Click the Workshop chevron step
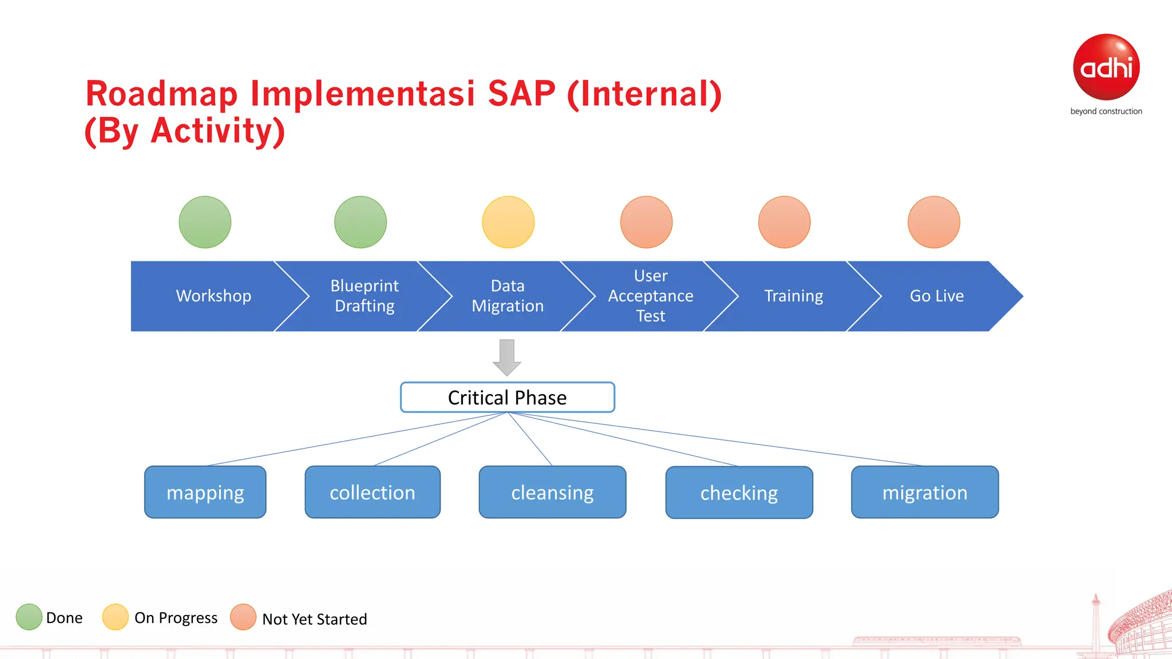tap(213, 296)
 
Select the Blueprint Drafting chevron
tap(365, 296)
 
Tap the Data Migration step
tap(508, 296)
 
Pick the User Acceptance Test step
tap(651, 296)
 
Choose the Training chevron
tap(794, 296)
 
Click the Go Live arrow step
tap(937, 296)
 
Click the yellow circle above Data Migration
tap(508, 222)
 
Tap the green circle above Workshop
tap(205, 222)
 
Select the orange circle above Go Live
tap(934, 222)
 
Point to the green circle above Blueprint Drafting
tap(361, 222)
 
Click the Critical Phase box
tap(508, 397)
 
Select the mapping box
tap(205, 492)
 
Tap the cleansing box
tap(552, 492)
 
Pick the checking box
tap(739, 493)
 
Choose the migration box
tap(925, 492)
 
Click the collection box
tap(373, 492)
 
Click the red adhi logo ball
tap(1106, 67)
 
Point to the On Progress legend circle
tap(115, 617)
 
